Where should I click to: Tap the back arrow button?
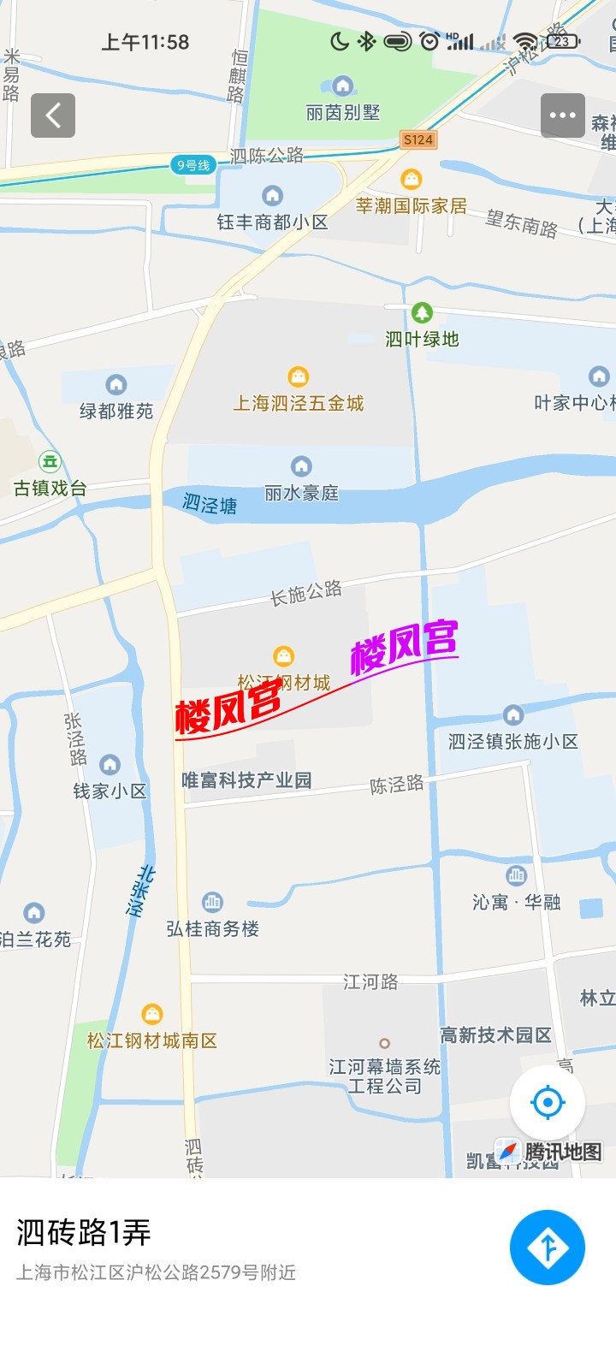tap(53, 116)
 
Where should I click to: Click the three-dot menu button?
tap(562, 116)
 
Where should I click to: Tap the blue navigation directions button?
tap(548, 1248)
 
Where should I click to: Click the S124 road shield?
tap(418, 139)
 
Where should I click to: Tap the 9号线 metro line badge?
tap(192, 165)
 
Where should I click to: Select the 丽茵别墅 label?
tap(343, 112)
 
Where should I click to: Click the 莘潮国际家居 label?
tap(412, 206)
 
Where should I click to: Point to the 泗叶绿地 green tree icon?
tap(422, 312)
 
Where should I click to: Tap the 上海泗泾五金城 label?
tap(299, 403)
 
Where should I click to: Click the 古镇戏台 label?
tap(50, 489)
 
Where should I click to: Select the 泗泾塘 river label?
tap(210, 504)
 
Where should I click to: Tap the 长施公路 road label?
tap(306, 593)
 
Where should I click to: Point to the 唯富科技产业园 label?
tap(246, 780)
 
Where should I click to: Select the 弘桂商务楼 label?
tap(213, 929)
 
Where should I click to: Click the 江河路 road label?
tap(370, 982)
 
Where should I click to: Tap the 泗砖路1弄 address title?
tap(84, 1233)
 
